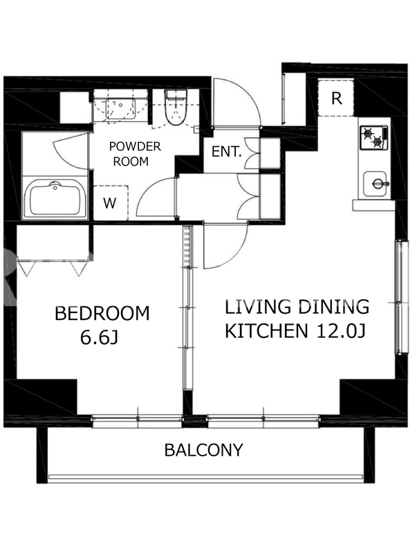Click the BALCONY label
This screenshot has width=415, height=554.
click(x=203, y=450)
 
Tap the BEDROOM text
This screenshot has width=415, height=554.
click(x=102, y=314)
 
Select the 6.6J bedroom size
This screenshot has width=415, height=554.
click(x=99, y=338)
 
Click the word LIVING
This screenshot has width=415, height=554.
click(x=258, y=307)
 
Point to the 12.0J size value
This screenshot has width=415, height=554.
click(x=341, y=331)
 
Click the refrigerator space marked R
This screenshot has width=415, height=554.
click(x=336, y=98)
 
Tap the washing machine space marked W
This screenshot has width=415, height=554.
click(x=111, y=203)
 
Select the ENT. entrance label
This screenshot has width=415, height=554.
click(x=227, y=152)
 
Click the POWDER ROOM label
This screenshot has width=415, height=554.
click(x=135, y=154)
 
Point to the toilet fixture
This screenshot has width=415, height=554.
click(x=176, y=108)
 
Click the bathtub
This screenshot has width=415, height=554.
click(x=55, y=199)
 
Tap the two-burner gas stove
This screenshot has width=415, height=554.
click(x=373, y=138)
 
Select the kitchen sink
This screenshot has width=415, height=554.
click(x=375, y=184)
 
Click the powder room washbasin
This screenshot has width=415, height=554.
click(x=120, y=109)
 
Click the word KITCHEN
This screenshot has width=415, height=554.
click(x=266, y=331)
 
